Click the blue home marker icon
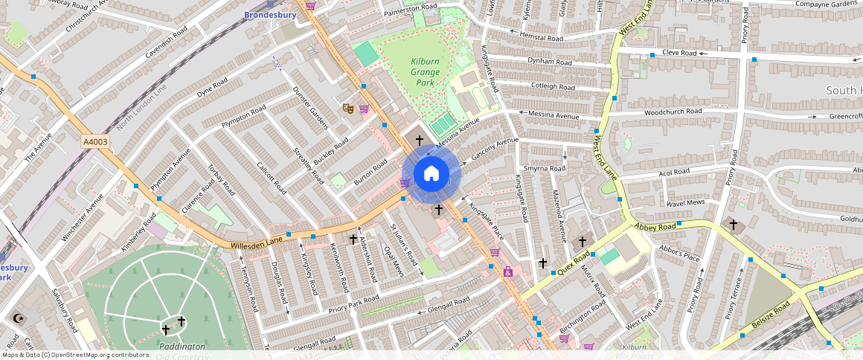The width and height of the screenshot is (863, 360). (x=431, y=174)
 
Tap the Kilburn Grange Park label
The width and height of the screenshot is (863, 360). (x=425, y=72)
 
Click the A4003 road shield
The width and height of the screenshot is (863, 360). (x=96, y=141)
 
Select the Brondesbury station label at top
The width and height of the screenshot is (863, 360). (x=270, y=14)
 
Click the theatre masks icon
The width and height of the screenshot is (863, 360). (x=347, y=109)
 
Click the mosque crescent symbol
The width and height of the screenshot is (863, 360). (x=16, y=318)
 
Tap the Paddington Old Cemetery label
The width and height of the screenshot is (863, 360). (x=182, y=351)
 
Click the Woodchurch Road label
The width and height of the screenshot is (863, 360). (x=673, y=112)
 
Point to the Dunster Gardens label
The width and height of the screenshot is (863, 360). (x=310, y=108)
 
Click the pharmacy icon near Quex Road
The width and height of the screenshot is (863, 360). (x=509, y=271)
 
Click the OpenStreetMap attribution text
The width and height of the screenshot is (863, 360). (x=74, y=355)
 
